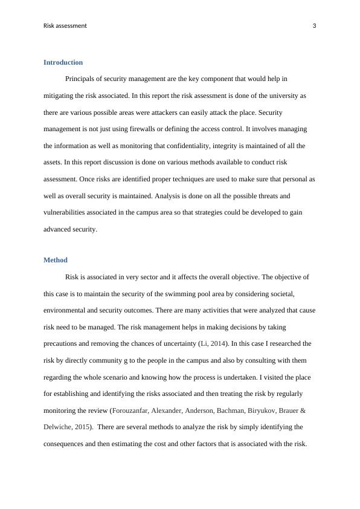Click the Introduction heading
[x=63, y=62]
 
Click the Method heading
[x=55, y=260]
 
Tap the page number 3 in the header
[x=314, y=25]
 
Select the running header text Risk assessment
[x=65, y=25]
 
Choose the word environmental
[x=69, y=310]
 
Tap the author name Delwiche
[x=60, y=427]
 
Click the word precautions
[x=64, y=343]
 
